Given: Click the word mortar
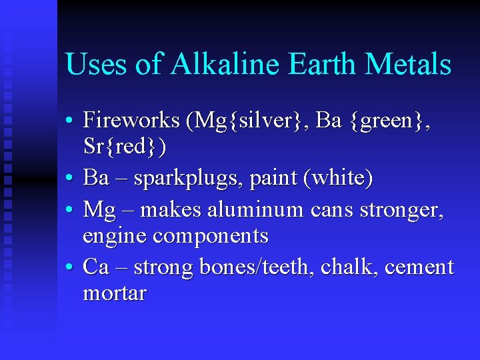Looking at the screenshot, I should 114,293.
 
